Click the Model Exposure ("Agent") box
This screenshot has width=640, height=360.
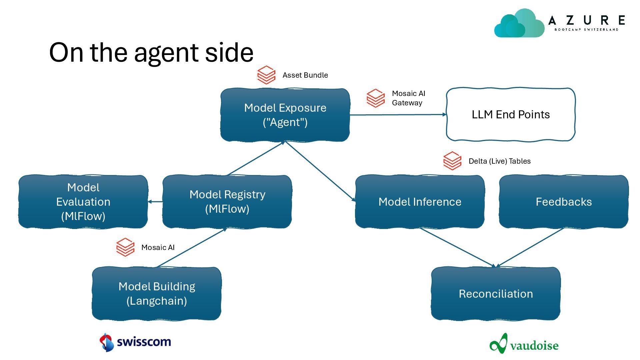pyautogui.click(x=285, y=115)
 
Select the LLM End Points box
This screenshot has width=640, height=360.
pyautogui.click(x=511, y=114)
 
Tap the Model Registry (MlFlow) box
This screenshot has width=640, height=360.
pyautogui.click(x=227, y=202)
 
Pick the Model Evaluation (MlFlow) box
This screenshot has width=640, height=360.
pyautogui.click(x=83, y=202)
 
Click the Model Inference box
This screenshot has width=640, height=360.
pyautogui.click(x=420, y=202)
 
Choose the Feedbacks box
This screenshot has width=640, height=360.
pyautogui.click(x=564, y=202)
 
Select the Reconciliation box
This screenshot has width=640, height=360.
pyautogui.click(x=496, y=294)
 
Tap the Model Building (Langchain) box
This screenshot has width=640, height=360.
pyautogui.click(x=157, y=294)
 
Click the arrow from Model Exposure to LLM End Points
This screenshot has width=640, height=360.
pyautogui.click(x=398, y=115)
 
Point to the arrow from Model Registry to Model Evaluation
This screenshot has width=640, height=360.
pyautogui.click(x=155, y=202)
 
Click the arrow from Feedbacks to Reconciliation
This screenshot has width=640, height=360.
pyautogui.click(x=530, y=248)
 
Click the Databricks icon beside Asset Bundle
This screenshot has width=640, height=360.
pyautogui.click(x=266, y=75)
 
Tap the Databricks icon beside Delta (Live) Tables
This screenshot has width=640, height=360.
pyautogui.click(x=452, y=161)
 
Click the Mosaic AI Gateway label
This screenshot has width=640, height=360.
pyautogui.click(x=409, y=98)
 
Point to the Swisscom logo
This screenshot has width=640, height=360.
pyautogui.click(x=135, y=342)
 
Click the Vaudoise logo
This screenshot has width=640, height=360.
pyautogui.click(x=524, y=344)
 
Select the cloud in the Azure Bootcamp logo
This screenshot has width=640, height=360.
pyautogui.click(x=519, y=23)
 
